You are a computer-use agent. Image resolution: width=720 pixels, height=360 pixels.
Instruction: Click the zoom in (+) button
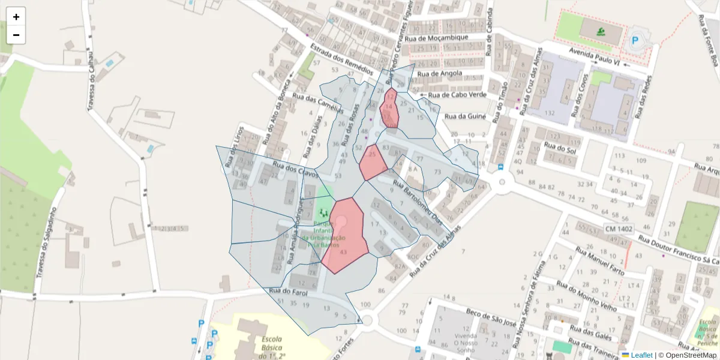pyautogui.click(x=16, y=17)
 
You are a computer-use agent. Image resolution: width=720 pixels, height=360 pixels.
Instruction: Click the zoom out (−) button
pyautogui.click(x=16, y=35)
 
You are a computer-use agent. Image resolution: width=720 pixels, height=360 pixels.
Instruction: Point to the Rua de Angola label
pyautogui.click(x=440, y=74)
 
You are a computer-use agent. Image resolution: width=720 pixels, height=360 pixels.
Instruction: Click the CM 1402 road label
pyautogui.click(x=619, y=229)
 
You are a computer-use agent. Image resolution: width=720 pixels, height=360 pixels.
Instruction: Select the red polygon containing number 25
pyautogui.click(x=373, y=162)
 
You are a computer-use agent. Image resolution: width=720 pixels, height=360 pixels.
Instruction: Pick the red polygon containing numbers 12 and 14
pyautogui.click(x=389, y=109)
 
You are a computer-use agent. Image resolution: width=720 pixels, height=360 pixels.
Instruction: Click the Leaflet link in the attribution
pyautogui.click(x=641, y=355)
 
